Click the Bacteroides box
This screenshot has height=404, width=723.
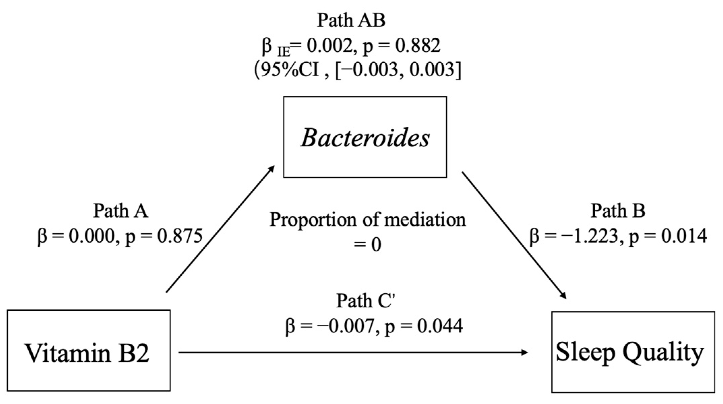point(365,137)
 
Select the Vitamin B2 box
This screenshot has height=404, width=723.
point(88,351)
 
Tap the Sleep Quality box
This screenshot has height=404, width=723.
point(633,352)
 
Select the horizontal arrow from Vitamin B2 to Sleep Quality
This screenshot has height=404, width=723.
point(353,352)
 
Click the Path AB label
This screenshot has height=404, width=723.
point(351,21)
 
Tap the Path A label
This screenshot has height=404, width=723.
point(120,211)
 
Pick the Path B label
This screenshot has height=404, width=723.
point(618,211)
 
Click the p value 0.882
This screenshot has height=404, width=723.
point(418,46)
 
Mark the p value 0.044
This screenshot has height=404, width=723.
point(440,326)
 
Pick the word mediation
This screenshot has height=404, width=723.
point(425,220)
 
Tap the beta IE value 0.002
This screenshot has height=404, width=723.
point(329,46)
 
